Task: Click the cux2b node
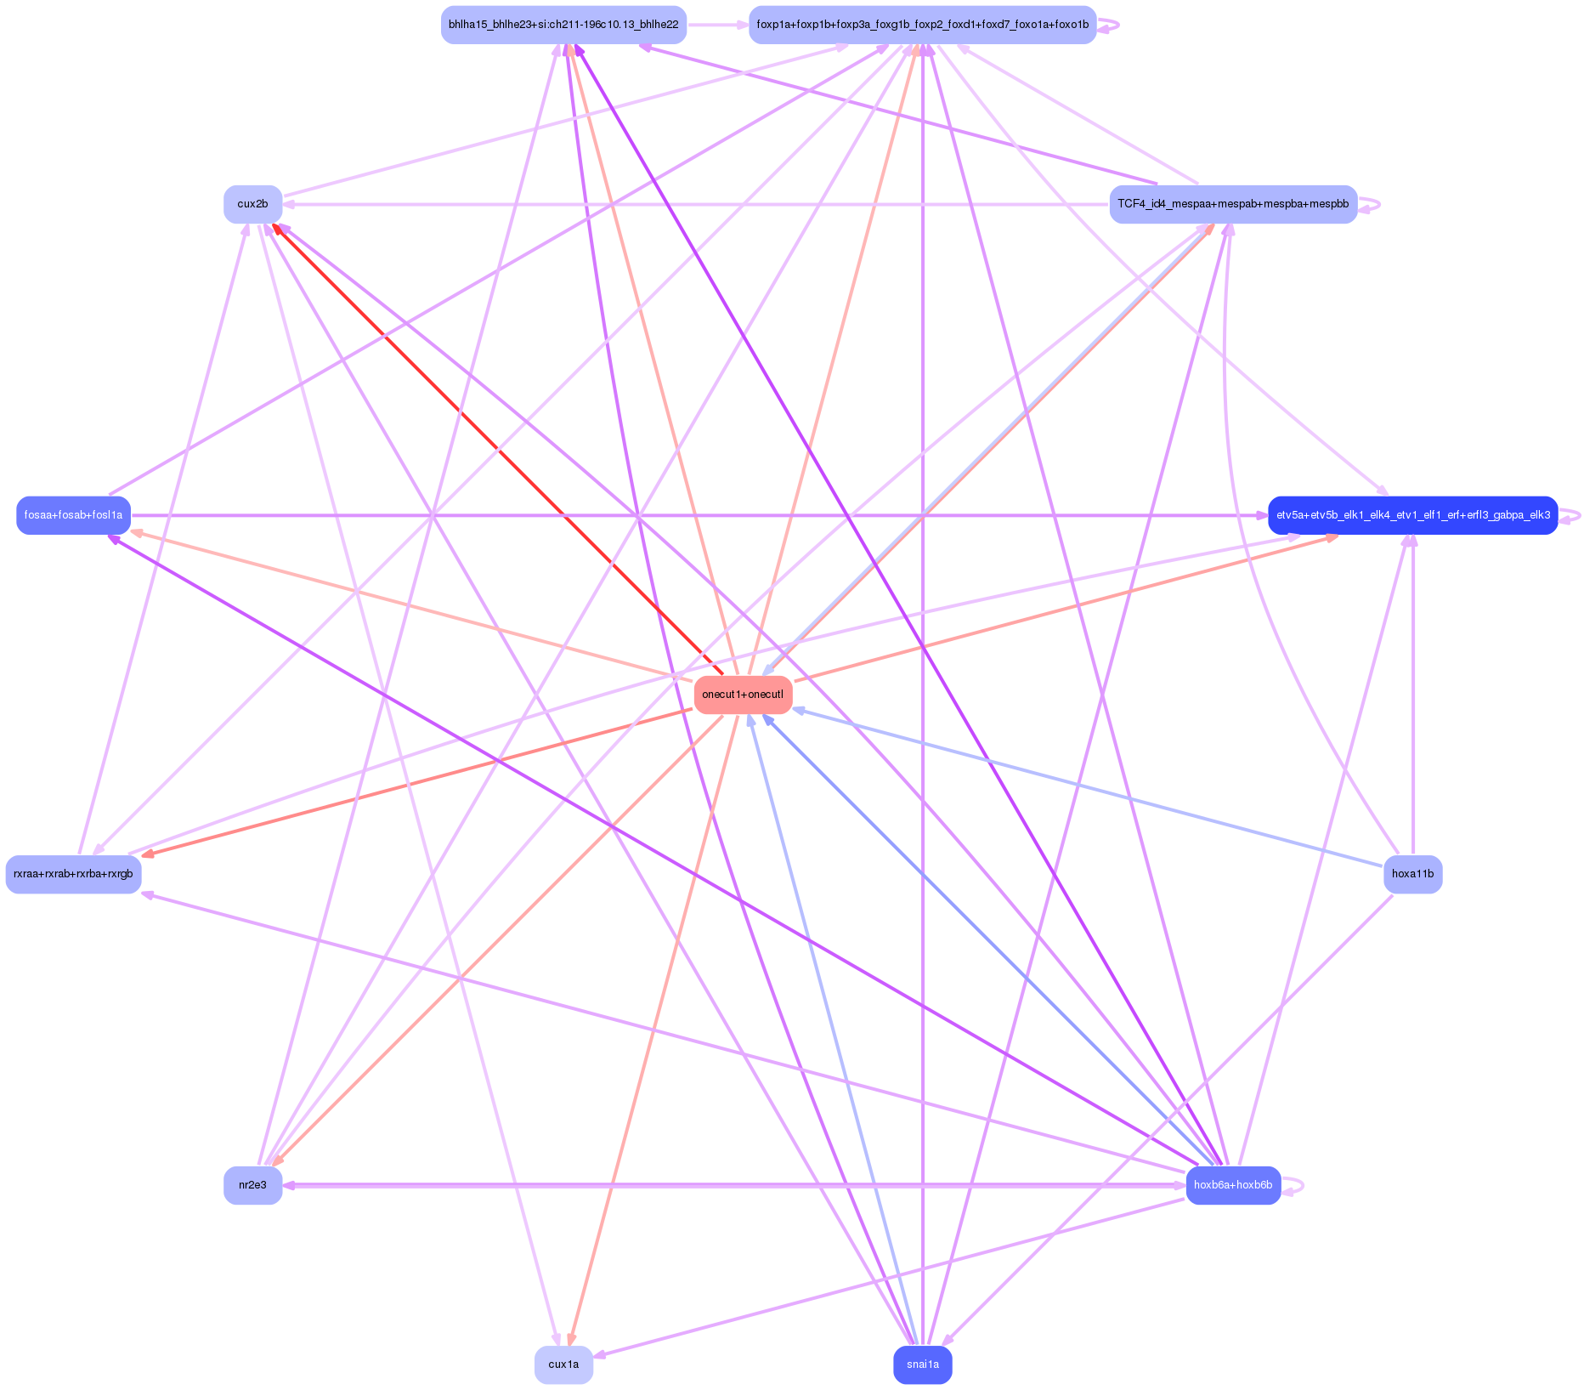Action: click(252, 204)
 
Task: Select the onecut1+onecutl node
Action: click(743, 695)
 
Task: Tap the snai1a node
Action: click(922, 1364)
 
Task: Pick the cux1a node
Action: click(563, 1364)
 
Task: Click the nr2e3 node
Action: click(252, 1185)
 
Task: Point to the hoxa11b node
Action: click(1412, 874)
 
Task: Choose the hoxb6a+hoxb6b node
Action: click(1232, 1185)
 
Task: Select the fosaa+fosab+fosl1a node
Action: click(73, 515)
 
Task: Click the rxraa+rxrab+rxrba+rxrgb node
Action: click(73, 874)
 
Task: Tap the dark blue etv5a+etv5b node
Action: click(1412, 515)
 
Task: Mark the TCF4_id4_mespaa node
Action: click(1232, 204)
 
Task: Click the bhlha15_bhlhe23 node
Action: click(563, 25)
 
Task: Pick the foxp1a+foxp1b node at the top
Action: click(922, 25)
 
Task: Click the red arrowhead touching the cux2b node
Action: click(276, 228)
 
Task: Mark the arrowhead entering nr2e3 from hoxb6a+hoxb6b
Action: click(290, 1185)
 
